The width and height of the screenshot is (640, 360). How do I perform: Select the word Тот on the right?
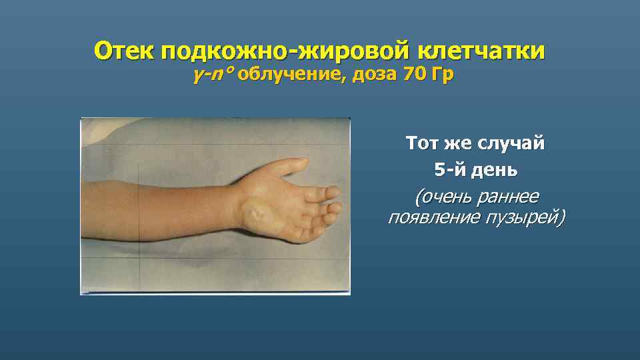pos(425,143)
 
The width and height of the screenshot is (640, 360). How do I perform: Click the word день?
pos(495,171)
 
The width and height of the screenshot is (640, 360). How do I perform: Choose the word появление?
pos(436,218)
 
